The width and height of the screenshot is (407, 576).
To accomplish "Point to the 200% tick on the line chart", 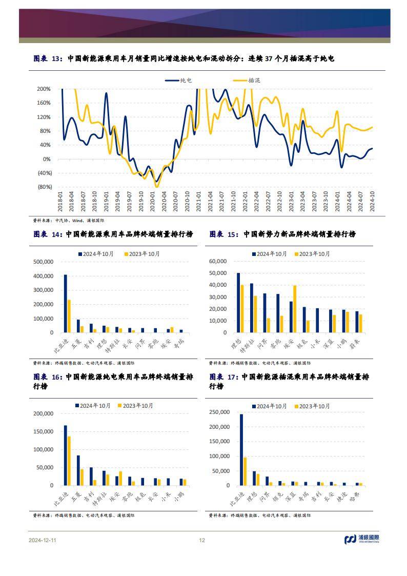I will point(44,89).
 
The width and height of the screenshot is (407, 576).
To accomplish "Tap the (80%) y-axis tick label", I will point(44,187).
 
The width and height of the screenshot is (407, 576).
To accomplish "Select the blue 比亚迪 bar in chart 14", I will point(65,304).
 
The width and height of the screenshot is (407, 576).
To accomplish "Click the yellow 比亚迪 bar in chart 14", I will point(69,316).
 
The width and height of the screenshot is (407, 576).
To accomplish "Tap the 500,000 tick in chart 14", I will point(43,262).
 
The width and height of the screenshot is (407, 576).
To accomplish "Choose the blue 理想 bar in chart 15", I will point(238,303).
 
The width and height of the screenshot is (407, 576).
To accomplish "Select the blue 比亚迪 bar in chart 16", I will point(65,455).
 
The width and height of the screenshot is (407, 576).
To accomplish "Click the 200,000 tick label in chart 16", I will point(43,413).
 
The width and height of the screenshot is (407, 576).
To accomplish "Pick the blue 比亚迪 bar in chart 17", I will point(241,449).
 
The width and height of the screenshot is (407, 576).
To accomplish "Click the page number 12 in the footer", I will point(202,540).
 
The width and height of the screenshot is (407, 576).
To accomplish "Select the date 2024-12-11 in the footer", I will point(43,540).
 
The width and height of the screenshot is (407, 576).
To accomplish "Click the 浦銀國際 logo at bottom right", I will point(362,539).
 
